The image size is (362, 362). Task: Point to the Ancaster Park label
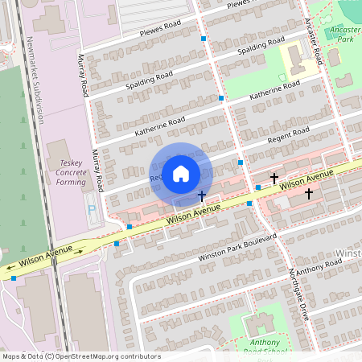click(x=344, y=33)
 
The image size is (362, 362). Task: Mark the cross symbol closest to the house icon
click(x=201, y=195)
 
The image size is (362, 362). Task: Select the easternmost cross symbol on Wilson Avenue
click(x=308, y=193)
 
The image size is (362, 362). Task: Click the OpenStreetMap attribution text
click(x=80, y=356)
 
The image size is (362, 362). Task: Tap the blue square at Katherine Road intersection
click(x=221, y=97)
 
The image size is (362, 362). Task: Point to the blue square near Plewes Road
click(x=204, y=38)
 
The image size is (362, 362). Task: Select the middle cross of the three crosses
click(x=274, y=177)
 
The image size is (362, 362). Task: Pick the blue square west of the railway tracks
click(x=14, y=278)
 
